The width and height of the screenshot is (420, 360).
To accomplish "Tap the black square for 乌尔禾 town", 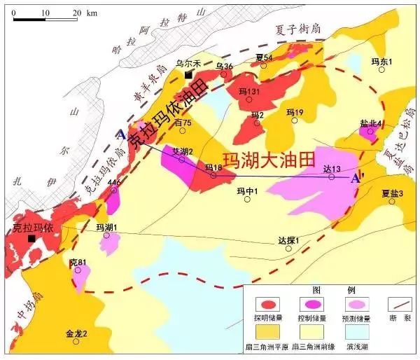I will pyautogui.click(x=188, y=76).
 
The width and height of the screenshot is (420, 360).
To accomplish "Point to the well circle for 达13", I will pyautogui.click(x=332, y=176).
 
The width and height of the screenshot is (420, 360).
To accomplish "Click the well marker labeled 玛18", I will pyautogui.click(x=213, y=175).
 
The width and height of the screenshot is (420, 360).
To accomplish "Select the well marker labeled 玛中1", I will pyautogui.click(x=247, y=199).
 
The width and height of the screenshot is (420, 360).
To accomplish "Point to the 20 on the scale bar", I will pyautogui.click(x=76, y=12).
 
